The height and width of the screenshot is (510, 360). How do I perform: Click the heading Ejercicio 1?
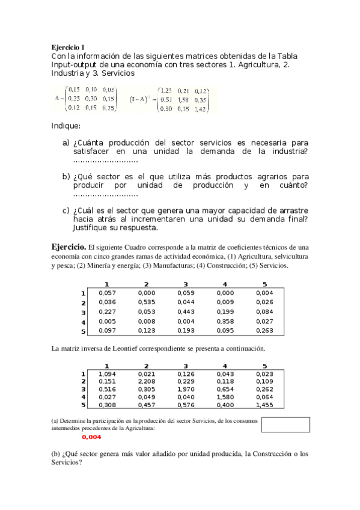[68, 47]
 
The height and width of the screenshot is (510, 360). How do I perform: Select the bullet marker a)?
[66, 143]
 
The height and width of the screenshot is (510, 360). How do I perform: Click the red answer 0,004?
[91, 437]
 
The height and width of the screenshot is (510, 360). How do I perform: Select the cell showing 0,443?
[186, 312]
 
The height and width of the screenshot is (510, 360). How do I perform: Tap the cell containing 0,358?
[225, 322]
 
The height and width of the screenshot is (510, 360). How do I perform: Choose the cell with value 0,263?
[264, 331]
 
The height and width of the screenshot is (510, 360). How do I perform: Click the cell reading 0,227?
[106, 312]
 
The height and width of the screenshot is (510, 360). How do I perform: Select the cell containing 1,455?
[264, 404]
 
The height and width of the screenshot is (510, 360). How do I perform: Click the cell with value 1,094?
[106, 374]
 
